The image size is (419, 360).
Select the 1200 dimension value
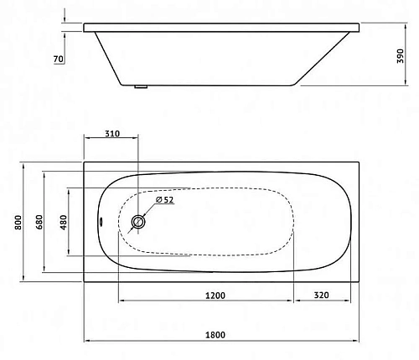(x=215, y=295)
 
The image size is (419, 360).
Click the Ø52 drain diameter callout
(x=164, y=200)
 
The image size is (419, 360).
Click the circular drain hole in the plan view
(x=139, y=222)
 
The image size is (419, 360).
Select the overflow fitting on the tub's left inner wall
(x=101, y=223)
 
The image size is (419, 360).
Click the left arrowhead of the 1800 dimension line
(x=87, y=341)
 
